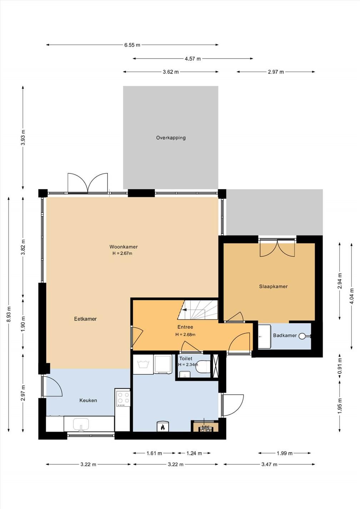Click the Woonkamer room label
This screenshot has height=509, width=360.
tap(124, 246)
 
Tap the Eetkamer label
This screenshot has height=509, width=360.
tap(85, 319)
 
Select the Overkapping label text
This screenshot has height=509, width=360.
tap(171, 138)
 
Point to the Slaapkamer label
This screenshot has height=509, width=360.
tap(274, 286)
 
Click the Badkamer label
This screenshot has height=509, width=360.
tap(285, 335)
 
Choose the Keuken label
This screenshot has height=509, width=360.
tap(88, 400)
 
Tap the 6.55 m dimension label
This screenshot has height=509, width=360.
tap(132, 45)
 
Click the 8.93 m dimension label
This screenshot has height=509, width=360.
tap(9, 314)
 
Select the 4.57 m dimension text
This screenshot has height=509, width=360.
tap(193, 59)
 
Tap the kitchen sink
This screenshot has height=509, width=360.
tap(81, 424)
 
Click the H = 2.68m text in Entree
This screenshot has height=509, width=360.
tap(185, 334)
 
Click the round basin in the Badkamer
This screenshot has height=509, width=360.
tap(302, 336)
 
